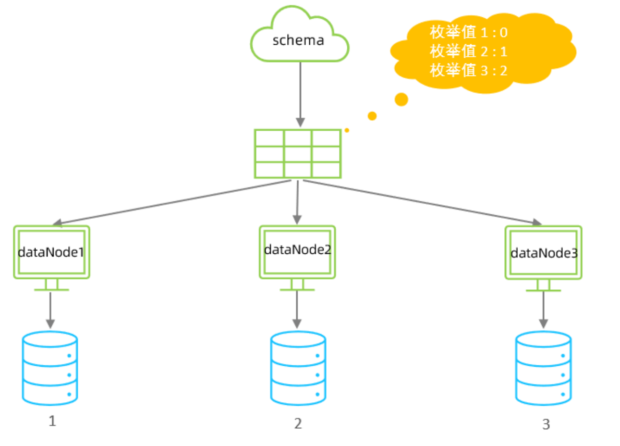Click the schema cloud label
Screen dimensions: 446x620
coord(298,40)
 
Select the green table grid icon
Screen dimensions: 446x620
coord(298,154)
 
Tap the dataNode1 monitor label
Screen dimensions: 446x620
coord(51,252)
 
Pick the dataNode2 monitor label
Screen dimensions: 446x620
coord(298,249)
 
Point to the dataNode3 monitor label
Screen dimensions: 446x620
coord(544,253)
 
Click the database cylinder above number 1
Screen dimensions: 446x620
coord(50,368)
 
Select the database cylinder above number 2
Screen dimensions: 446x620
coord(298,368)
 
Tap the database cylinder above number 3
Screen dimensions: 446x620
coord(543,368)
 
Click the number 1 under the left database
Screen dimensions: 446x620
coord(52,421)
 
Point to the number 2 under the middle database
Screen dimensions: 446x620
coord(298,423)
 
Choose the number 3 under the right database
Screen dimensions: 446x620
coord(546,424)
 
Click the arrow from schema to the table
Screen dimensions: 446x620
coord(301,94)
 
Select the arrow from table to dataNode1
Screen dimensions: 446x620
coord(173,202)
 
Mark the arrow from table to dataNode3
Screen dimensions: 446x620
coord(423,202)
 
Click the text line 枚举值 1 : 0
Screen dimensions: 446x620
coord(468,33)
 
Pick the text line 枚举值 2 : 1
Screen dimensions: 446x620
coord(468,51)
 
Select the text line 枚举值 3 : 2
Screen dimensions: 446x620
coord(468,71)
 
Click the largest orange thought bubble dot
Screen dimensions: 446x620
coord(401,99)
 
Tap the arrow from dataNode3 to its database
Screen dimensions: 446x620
coord(543,310)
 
